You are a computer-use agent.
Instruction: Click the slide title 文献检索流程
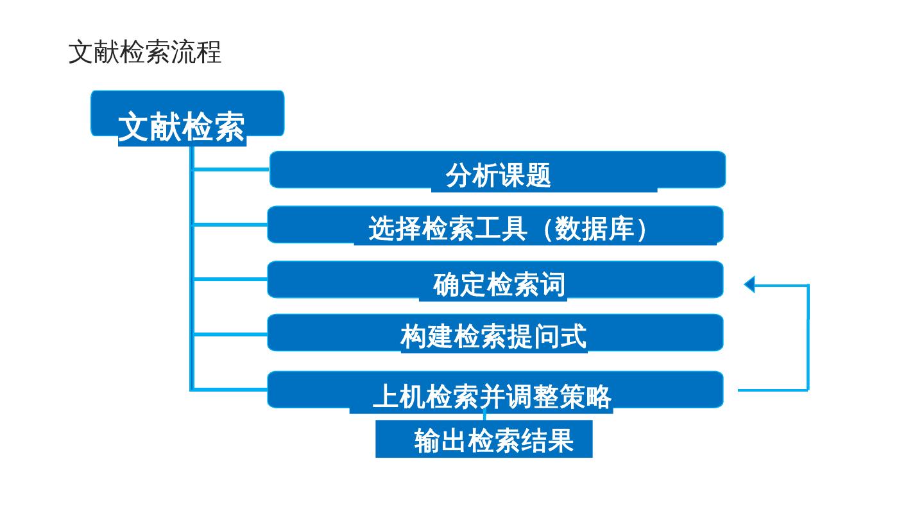[145, 52]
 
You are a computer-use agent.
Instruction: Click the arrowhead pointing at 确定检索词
[749, 284]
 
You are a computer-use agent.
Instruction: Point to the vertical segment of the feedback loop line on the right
[808, 337]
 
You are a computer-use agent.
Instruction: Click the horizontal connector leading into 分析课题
[231, 169]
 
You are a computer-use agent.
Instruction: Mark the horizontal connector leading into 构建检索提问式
[230, 334]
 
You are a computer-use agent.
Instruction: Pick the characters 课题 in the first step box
[525, 175]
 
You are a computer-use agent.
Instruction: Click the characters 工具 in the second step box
[501, 229]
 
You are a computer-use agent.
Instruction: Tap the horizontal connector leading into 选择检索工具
[230, 225]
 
